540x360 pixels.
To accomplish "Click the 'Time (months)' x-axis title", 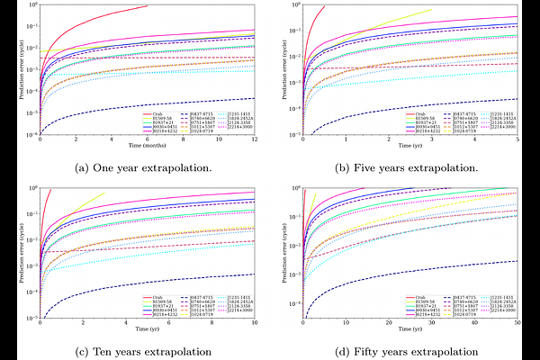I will click(148, 144).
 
